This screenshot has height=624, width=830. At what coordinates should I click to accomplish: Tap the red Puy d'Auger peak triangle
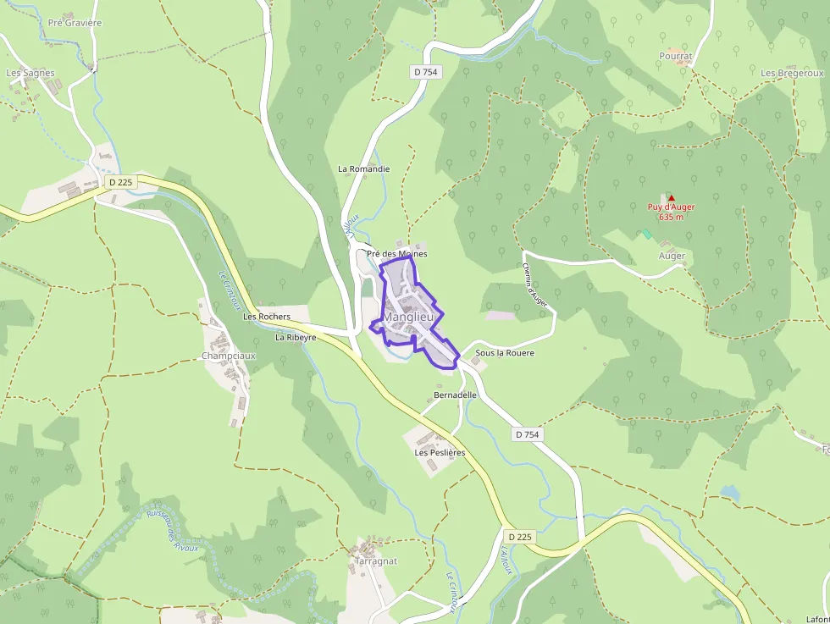click(x=672, y=198)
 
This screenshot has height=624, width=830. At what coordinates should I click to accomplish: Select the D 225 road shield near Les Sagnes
click(x=121, y=182)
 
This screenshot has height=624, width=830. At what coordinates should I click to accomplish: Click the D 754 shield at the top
click(x=426, y=72)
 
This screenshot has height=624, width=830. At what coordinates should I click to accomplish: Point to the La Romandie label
click(x=363, y=168)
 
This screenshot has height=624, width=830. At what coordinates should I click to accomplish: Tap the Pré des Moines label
click(x=396, y=253)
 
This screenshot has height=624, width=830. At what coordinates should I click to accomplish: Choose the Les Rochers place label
click(x=267, y=317)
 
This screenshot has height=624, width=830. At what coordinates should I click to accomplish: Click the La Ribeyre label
click(x=296, y=337)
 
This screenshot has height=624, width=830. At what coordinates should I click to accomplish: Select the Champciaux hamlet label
click(x=228, y=356)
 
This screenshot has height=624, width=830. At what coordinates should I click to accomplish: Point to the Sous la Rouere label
click(x=505, y=352)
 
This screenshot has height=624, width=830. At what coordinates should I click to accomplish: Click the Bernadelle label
click(x=456, y=395)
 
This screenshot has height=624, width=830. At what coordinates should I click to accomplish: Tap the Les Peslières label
click(x=440, y=453)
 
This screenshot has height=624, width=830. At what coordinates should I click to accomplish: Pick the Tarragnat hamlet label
click(x=376, y=560)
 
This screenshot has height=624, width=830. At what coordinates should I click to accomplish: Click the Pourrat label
click(x=676, y=56)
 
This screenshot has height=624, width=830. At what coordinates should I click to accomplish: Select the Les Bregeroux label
click(x=792, y=73)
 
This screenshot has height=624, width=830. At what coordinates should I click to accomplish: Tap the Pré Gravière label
click(x=75, y=23)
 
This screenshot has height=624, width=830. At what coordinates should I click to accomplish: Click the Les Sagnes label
click(x=30, y=73)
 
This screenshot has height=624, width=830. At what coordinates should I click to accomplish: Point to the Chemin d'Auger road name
click(x=534, y=284)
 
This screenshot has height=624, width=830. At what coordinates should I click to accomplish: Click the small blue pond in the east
click(x=729, y=492)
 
